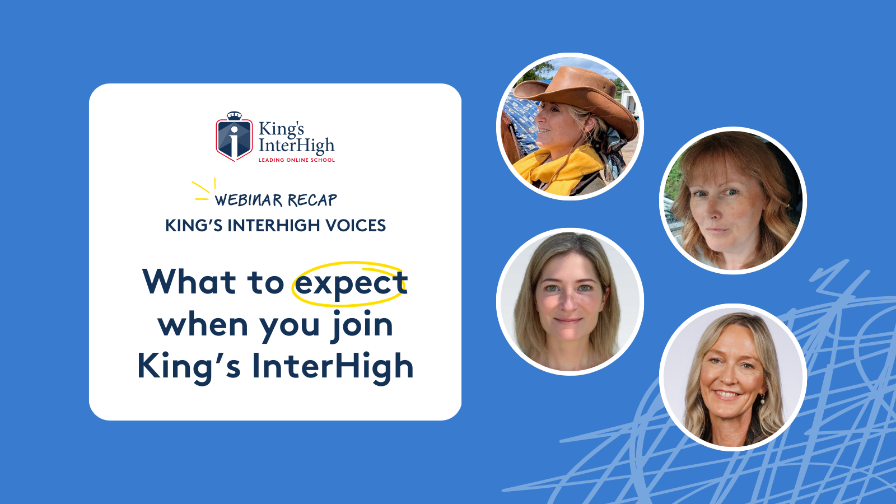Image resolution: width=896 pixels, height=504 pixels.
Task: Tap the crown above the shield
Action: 235,115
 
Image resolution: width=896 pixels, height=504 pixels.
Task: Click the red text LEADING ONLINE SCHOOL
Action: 296,160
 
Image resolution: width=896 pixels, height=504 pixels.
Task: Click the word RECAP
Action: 312,200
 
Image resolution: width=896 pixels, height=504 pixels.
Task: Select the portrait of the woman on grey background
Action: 570,302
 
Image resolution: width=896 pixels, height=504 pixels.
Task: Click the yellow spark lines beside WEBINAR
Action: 204,190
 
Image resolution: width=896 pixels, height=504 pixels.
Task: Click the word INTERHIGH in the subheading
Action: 274,226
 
